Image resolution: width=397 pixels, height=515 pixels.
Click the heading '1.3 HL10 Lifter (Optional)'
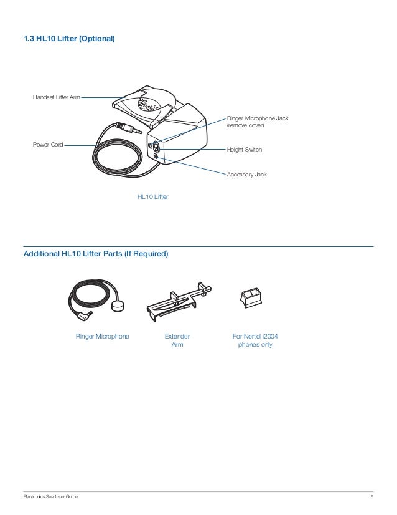click(x=69, y=39)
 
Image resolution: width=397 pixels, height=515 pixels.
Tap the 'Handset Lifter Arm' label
click(x=56, y=98)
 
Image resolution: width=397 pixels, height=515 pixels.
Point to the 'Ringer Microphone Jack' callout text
click(x=258, y=118)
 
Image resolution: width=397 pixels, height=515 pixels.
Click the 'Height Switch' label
click(x=245, y=150)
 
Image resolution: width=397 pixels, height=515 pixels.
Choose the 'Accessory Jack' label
click(x=246, y=175)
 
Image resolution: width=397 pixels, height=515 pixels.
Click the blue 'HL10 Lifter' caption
click(x=152, y=197)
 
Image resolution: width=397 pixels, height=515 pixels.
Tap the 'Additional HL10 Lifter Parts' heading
click(x=95, y=254)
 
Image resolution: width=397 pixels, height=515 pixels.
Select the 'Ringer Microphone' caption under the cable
click(x=103, y=337)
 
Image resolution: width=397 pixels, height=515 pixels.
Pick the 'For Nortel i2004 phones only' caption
click(x=255, y=340)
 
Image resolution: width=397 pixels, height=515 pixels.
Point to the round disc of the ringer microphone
click(x=117, y=308)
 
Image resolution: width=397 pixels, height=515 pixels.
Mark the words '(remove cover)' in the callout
click(x=246, y=125)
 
